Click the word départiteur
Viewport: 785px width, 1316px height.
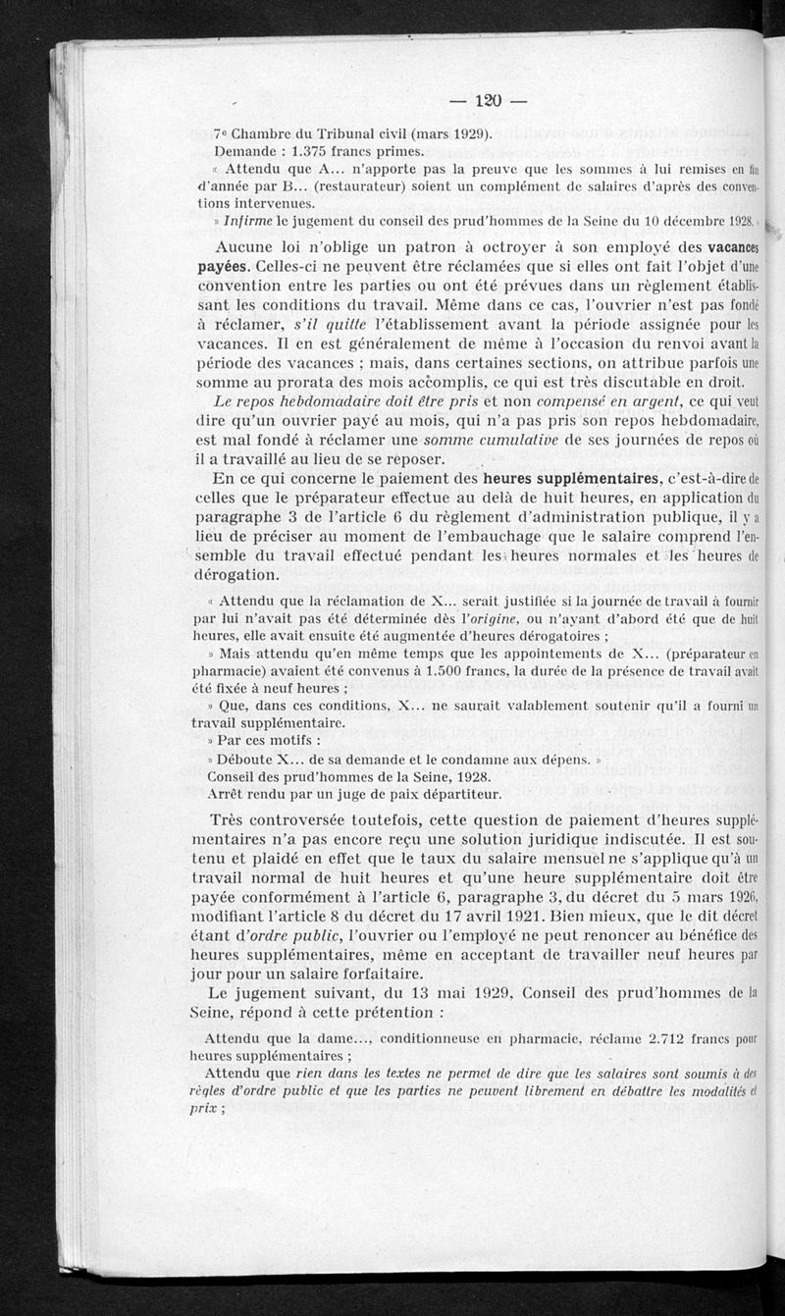(x=454, y=794)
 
